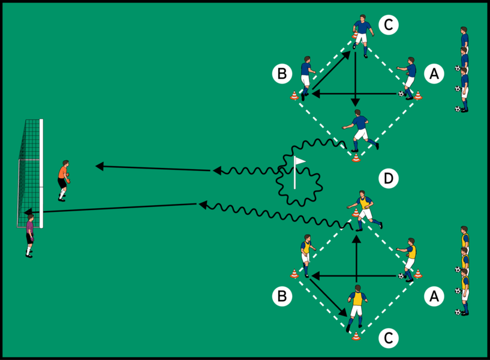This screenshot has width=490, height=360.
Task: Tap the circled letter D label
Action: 388,178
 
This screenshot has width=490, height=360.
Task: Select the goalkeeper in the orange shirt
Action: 63,179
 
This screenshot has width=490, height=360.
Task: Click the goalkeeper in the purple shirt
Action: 29,236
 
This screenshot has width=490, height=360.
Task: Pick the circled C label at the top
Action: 388,25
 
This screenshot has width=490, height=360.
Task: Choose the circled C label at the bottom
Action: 388,339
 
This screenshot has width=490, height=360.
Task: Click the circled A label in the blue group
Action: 434,74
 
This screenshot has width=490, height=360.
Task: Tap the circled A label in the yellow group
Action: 434,295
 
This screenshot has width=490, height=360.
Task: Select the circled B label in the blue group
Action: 281,74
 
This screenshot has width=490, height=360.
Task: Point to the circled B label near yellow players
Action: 281,295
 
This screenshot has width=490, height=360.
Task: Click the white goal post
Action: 41,174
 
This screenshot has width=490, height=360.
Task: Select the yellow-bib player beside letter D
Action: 364,209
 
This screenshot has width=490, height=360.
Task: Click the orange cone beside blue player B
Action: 294,95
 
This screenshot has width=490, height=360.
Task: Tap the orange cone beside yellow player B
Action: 294,274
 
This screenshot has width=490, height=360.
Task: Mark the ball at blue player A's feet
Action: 401,94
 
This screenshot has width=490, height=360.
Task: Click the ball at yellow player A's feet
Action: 401,276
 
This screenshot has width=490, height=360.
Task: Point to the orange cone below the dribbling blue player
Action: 356,158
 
